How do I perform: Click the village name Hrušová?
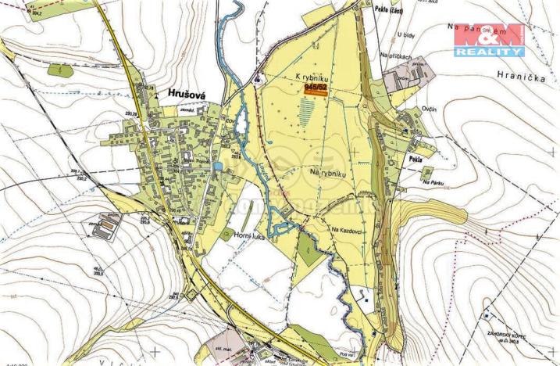pos(185,92)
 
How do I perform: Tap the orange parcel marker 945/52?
pos(316,89)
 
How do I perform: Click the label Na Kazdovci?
pos(347,229)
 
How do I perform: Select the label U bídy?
pos(404,34)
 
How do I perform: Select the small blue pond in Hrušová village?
pos(228,166)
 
